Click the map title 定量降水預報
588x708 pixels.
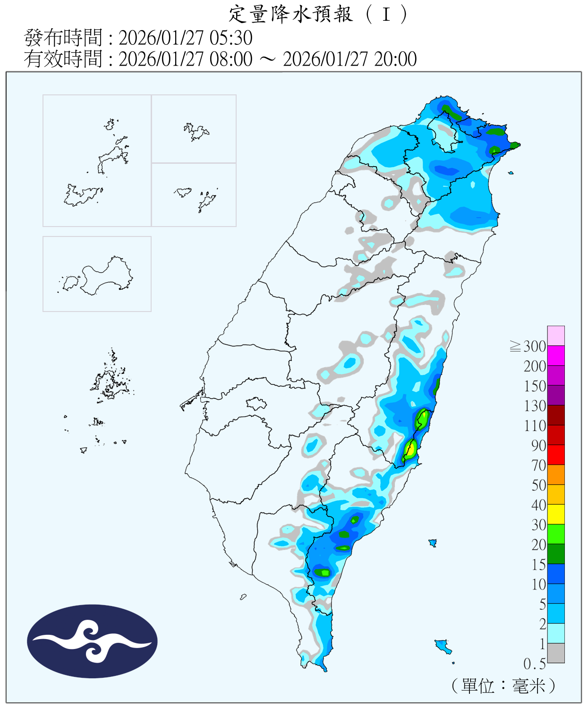coord(290,14)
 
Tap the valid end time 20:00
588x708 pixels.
coord(395,59)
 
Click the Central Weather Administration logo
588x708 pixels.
coord(92,641)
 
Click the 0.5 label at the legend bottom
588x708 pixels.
coord(534,664)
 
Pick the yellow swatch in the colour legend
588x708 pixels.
coord(556,514)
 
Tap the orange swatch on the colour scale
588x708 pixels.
coord(556,475)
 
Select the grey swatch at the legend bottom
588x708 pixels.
coord(556,653)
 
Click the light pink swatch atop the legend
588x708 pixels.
coord(556,336)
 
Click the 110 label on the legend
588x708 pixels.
coord(535,426)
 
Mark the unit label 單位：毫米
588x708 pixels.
coord(503,686)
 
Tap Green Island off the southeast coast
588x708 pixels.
coord(432,543)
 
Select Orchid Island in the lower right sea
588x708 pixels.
coord(443,645)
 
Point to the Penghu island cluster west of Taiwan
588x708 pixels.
coord(111,382)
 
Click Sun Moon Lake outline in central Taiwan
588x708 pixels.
coord(256,404)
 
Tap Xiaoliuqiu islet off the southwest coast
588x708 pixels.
coord(243,597)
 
